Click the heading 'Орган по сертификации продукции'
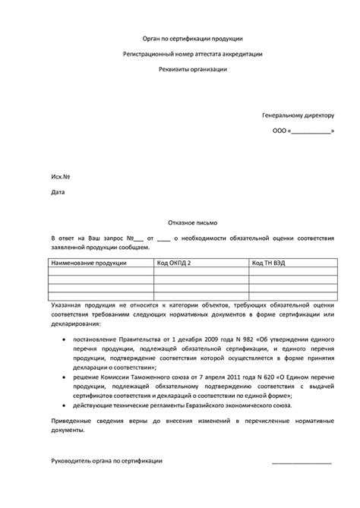[193, 37]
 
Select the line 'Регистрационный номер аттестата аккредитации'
[193, 53]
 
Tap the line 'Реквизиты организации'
[193, 69]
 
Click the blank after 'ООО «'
[310, 131]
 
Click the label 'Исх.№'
[61, 176]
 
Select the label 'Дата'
[58, 192]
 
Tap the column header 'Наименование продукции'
[88, 262]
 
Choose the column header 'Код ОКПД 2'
[174, 262]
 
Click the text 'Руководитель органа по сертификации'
[106, 461]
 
